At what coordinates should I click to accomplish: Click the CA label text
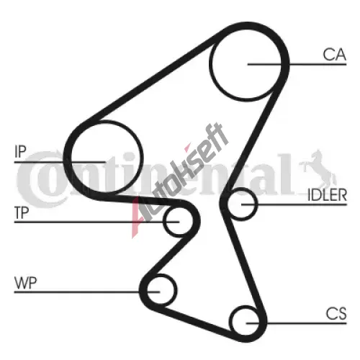(x=334, y=55)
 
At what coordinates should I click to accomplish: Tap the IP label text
(x=20, y=152)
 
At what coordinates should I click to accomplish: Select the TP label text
(x=22, y=213)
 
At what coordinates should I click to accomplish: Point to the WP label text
(x=26, y=283)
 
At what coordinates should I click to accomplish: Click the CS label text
(x=336, y=313)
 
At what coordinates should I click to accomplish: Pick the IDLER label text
(x=327, y=195)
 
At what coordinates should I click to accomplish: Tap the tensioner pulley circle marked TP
(x=163, y=221)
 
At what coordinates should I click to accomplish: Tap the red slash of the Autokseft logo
(x=136, y=217)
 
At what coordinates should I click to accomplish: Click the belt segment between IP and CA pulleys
(x=153, y=78)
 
